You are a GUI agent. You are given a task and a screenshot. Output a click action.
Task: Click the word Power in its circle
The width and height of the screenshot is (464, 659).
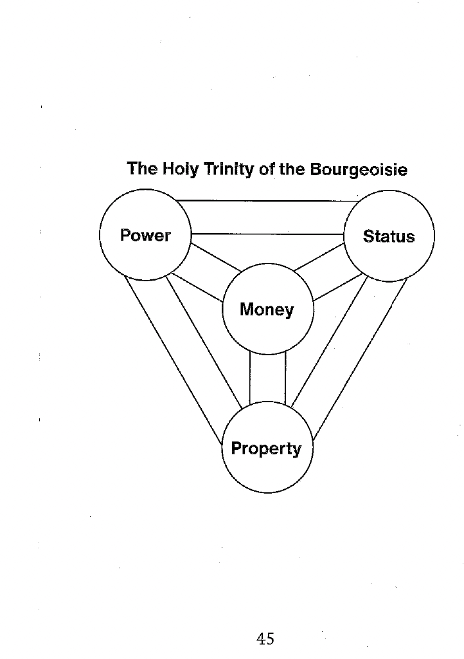coord(145,236)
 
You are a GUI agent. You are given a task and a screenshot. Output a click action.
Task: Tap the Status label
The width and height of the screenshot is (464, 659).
coord(388,236)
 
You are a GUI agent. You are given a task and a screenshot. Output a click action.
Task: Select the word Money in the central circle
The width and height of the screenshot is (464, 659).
coord(267,310)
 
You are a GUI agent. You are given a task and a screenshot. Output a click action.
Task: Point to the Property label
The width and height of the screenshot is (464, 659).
coord(266,449)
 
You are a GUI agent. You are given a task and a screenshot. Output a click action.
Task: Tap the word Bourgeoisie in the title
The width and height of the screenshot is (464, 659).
coord(359,169)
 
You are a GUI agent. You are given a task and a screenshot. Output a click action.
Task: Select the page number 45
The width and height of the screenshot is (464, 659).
coord(265,639)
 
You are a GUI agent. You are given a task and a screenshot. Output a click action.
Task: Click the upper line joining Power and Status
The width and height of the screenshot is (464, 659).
coord(267,201)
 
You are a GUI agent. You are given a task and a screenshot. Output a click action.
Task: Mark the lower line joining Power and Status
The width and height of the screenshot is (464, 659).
coord(267,234)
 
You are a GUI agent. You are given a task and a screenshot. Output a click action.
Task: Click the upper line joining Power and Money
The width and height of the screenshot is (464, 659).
coord(216,257)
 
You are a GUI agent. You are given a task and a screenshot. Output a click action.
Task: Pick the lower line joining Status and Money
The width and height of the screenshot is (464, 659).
coord(338,288)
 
